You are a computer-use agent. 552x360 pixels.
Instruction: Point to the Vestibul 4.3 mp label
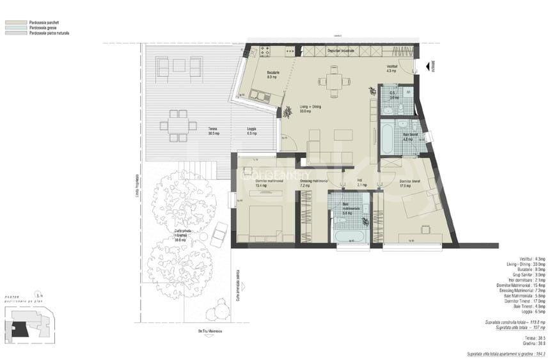392,68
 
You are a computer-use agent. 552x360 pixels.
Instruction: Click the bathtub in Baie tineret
388,138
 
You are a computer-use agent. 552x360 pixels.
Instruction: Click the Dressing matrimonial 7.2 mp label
313,183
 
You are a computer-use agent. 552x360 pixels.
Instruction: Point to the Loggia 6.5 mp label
252,131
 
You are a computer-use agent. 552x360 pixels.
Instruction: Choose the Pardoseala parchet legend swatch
12,22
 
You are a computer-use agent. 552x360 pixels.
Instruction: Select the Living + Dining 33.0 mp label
310,109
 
